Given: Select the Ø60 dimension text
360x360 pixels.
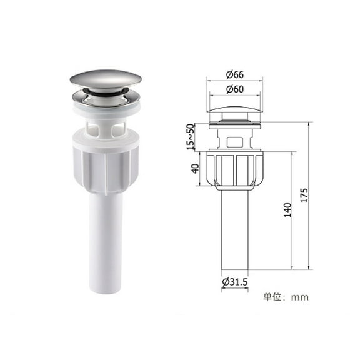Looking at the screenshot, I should coord(235,89).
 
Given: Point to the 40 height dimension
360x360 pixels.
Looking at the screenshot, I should coord(194,169).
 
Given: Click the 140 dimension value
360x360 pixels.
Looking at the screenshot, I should coord(287,209).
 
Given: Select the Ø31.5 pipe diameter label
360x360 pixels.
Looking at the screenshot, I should coord(235,282).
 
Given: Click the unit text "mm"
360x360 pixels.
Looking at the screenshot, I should coord(298,297).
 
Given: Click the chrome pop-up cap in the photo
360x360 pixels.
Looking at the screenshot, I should coord(105,81).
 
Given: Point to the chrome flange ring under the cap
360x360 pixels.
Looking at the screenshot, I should coord(105,99).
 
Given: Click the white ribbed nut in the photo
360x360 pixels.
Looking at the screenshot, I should coord(105,166).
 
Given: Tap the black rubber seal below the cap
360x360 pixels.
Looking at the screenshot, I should coord(104,92).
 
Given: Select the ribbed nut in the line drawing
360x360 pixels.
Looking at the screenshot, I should coord(235,169).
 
